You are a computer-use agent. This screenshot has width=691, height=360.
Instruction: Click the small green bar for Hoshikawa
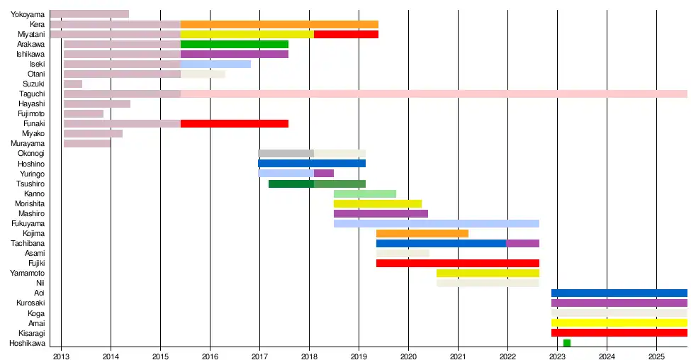coord(567,343)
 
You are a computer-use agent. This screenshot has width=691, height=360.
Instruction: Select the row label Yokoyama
coord(28,14)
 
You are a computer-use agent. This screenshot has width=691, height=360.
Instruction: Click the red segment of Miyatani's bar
coord(346,34)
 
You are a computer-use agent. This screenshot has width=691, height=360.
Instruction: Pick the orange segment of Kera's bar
coord(279,24)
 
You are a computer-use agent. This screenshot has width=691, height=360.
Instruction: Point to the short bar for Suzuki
coord(73,84)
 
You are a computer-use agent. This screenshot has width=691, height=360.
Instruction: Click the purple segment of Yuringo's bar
coord(324,173)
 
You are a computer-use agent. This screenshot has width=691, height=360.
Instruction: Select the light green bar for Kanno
coord(365,193)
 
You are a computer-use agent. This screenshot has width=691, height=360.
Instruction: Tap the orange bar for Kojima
coord(422,233)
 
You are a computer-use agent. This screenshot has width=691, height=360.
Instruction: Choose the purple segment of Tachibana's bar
coord(523,243)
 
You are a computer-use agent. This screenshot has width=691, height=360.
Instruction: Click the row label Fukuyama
coord(28,223)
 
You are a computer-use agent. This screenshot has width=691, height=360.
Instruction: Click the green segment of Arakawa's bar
coord(235,44)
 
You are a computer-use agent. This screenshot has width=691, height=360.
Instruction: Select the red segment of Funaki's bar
coord(235,123)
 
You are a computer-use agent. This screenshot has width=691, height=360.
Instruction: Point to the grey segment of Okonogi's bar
coord(286,153)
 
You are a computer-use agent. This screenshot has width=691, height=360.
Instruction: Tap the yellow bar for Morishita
coord(378,203)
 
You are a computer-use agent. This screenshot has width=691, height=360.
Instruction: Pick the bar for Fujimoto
coord(84,113)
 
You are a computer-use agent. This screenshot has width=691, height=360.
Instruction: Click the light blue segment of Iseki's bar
coord(215,64)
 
